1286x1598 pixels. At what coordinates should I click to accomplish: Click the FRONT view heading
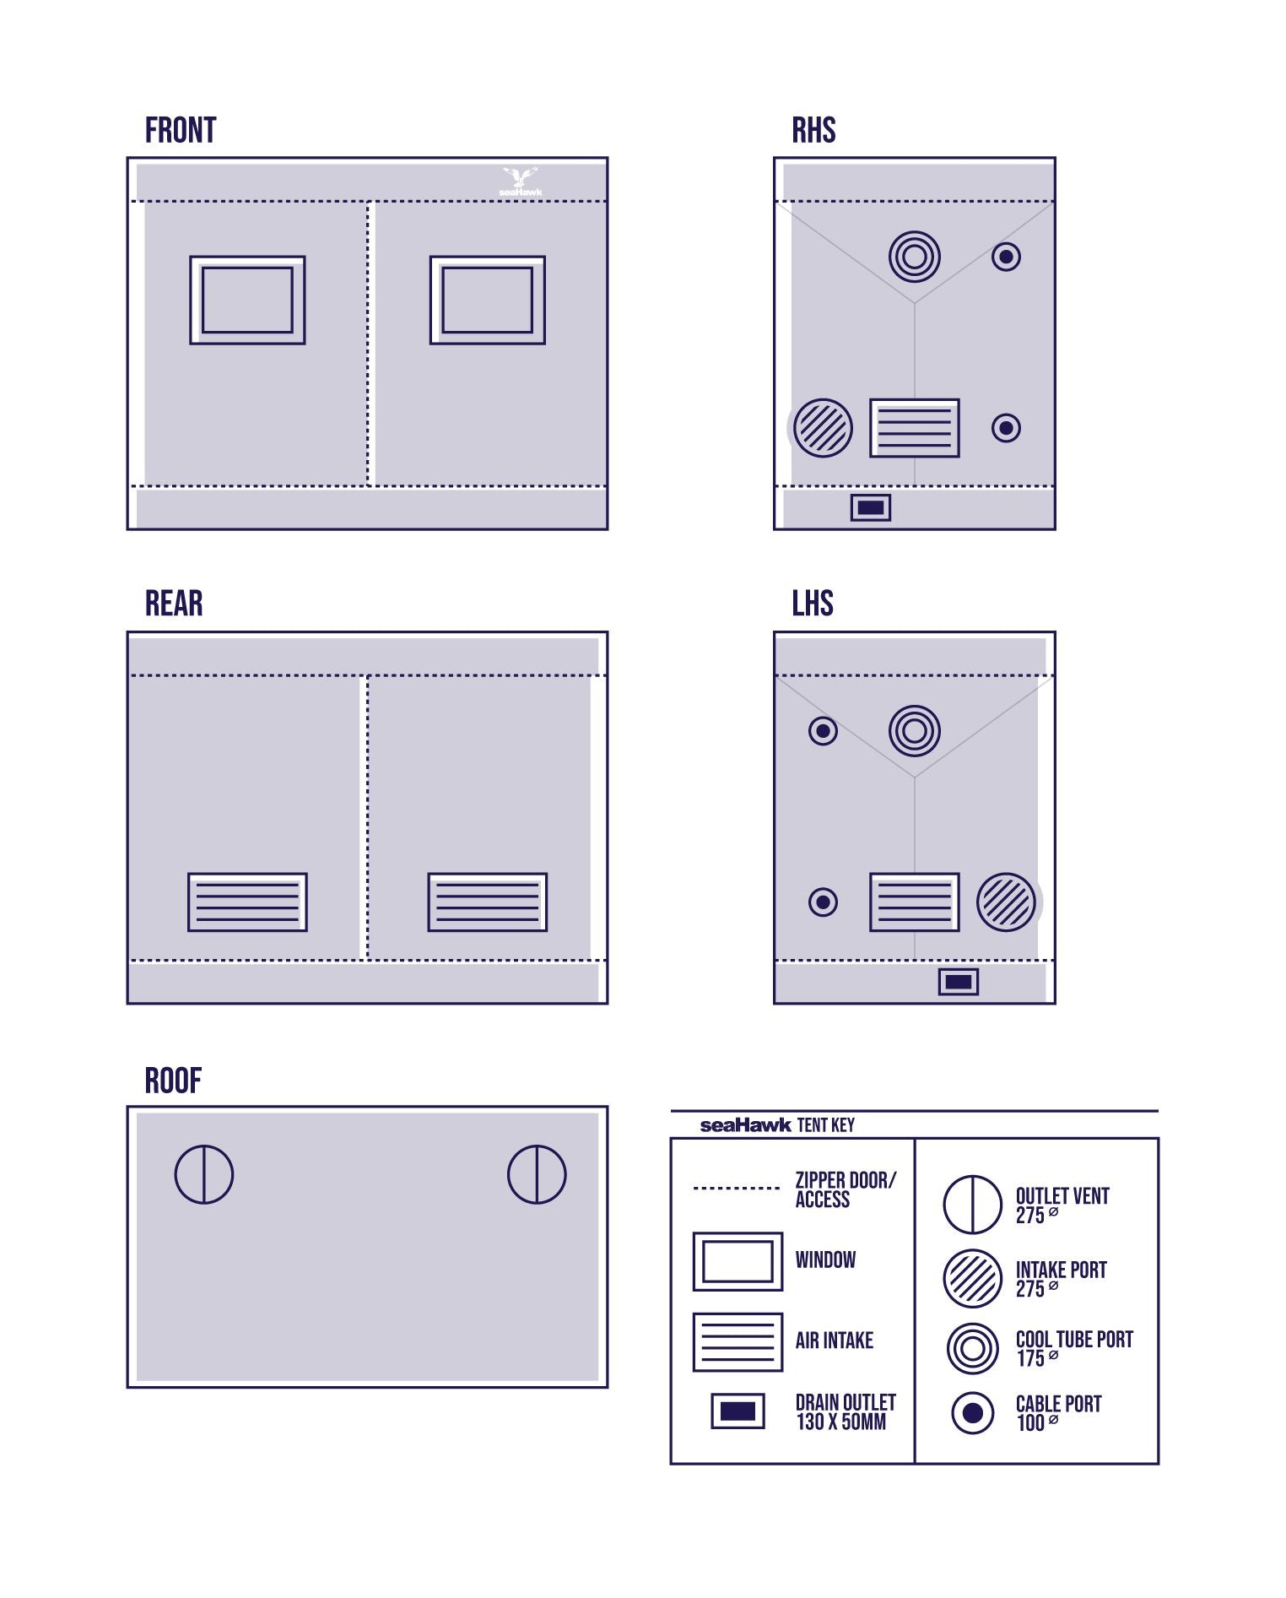point(181,131)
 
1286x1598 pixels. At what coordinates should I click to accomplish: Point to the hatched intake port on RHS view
point(824,428)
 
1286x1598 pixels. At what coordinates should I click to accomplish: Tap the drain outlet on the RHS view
point(871,507)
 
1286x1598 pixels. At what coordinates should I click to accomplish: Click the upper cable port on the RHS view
point(1006,257)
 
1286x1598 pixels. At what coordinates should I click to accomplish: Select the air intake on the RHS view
point(915,428)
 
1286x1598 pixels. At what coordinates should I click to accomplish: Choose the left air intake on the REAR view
point(247,902)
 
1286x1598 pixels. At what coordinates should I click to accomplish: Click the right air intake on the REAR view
point(488,902)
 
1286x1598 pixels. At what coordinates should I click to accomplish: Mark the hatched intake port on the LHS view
point(1006,902)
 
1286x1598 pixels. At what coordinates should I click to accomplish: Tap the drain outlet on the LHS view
point(959,982)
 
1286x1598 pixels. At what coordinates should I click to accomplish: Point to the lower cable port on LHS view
point(824,902)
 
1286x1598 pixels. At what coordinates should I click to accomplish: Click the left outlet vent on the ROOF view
point(204,1174)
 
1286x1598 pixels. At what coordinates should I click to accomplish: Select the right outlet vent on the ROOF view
point(537,1174)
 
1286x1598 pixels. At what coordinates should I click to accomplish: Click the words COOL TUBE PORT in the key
point(1074,1340)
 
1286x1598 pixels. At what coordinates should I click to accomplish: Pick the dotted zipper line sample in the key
point(737,1188)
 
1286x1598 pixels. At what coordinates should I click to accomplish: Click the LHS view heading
point(813,604)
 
